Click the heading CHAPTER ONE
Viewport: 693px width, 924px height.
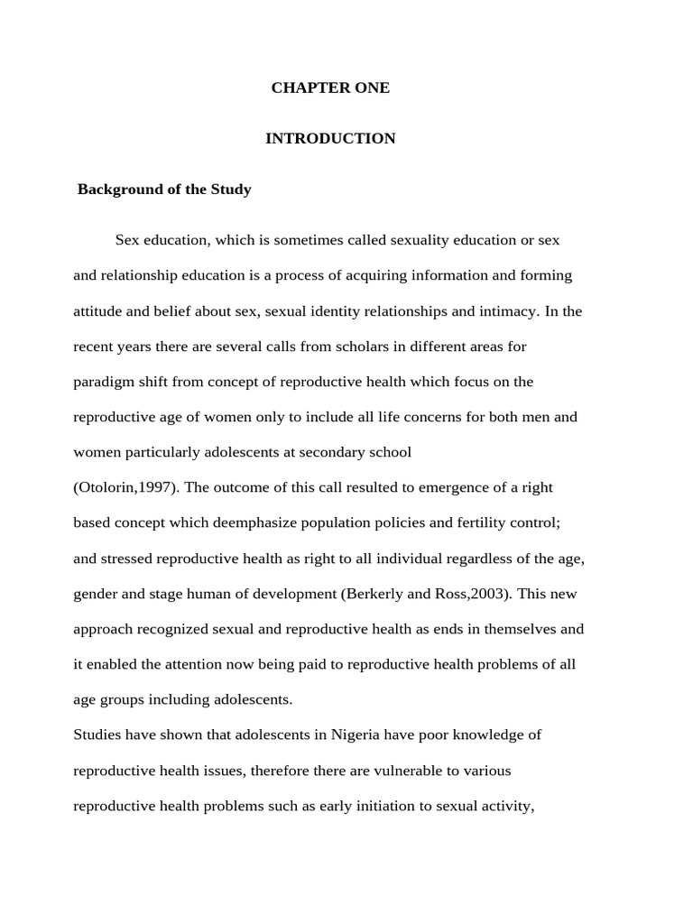330,88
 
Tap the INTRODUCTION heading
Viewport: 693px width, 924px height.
330,138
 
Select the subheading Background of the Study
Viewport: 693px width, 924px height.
164,189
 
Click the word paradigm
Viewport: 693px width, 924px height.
101,382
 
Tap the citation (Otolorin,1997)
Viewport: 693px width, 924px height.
126,488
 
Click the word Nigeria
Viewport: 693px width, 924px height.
356,735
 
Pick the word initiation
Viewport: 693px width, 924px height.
384,807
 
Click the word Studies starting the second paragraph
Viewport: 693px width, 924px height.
97,735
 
